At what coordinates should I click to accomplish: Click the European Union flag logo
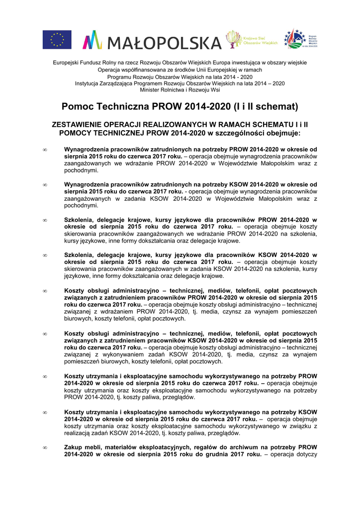click(57, 40)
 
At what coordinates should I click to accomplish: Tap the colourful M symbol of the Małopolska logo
click(92, 40)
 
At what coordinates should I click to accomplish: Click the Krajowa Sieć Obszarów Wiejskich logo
click(252, 39)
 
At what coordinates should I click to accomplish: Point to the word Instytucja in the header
click(88, 84)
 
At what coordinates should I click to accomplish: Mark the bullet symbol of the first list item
click(45, 149)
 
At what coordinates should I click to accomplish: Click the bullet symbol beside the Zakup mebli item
click(45, 447)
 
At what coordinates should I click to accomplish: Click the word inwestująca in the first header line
click(242, 63)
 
